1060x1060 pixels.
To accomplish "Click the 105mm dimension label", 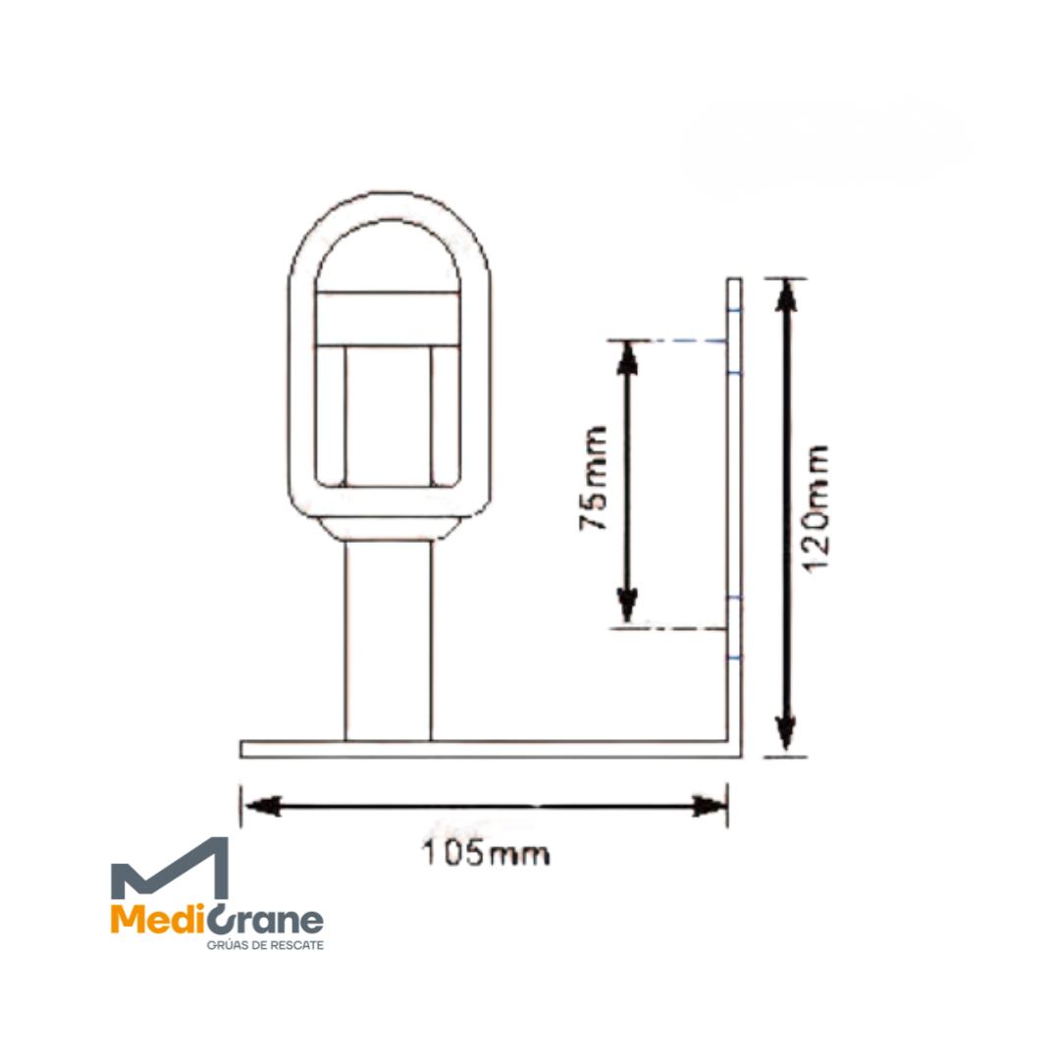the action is tap(486, 853).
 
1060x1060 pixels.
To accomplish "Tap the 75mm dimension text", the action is tap(594, 478).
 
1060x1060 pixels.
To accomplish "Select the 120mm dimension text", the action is tap(816, 509).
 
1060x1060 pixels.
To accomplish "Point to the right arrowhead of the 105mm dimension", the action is tap(709, 806).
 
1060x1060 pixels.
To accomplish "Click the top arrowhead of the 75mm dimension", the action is tap(627, 359).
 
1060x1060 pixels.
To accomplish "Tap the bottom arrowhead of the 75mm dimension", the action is tap(627, 604).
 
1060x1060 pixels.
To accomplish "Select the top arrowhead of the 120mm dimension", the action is tap(785, 296).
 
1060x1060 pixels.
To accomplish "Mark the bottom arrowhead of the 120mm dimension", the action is tap(785, 732).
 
